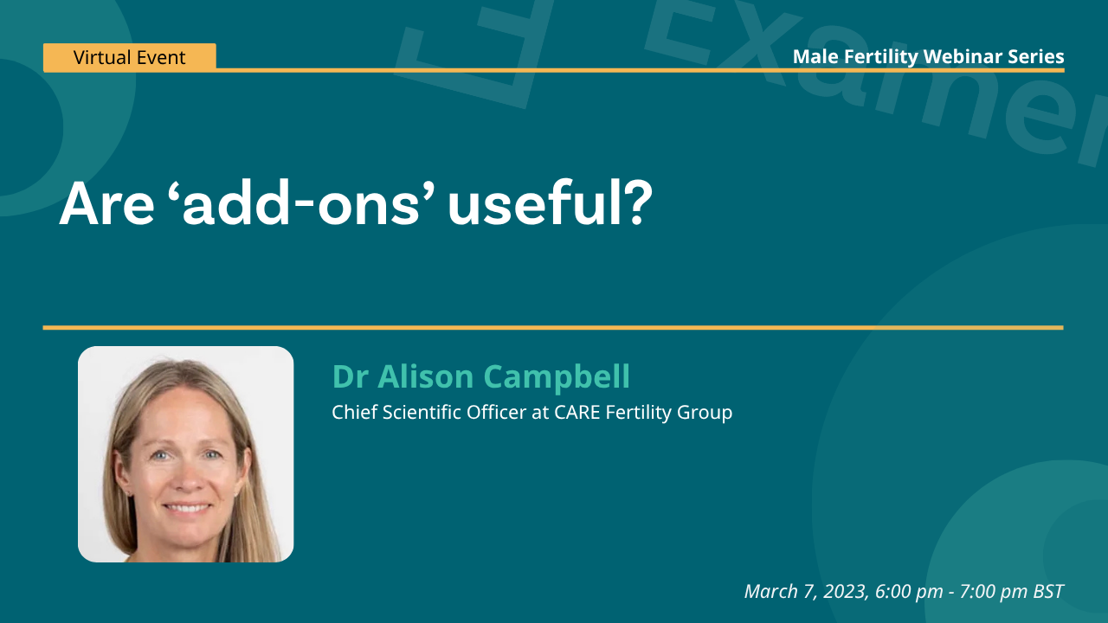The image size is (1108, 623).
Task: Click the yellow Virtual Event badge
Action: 130,57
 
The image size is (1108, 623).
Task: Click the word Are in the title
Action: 106,204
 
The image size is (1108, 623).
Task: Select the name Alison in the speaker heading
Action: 425,376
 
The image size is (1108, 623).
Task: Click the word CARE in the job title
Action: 577,412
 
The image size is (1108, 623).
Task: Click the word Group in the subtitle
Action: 705,414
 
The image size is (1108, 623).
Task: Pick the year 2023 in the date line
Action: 846,592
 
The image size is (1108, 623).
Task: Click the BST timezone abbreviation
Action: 1048,592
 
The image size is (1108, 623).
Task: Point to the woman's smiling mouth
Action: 186,508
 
